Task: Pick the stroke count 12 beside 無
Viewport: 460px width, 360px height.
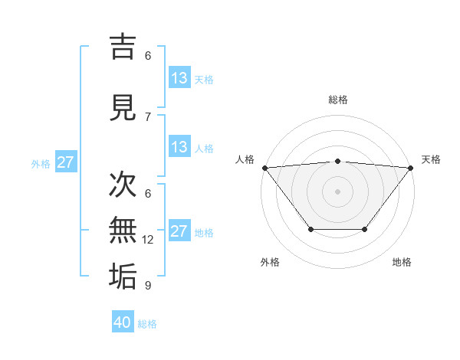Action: tap(148, 240)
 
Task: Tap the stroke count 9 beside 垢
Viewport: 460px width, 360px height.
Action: tap(148, 286)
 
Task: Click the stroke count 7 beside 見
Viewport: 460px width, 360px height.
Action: tap(148, 117)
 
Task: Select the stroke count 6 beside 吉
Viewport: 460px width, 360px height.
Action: tap(148, 56)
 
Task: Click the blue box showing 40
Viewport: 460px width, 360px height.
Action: tap(123, 322)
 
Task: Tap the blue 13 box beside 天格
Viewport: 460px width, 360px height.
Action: tap(179, 78)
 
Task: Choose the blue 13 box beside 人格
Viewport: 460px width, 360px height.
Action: tap(179, 147)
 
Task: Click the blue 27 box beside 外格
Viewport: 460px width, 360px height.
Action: tap(65, 162)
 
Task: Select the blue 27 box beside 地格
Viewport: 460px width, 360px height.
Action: tap(179, 231)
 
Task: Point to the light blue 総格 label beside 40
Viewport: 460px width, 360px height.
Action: tap(147, 324)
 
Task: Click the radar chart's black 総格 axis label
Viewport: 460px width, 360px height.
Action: tap(338, 100)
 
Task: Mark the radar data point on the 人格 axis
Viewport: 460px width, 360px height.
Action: tap(265, 168)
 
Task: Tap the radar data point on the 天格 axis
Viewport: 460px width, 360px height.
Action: tap(410, 168)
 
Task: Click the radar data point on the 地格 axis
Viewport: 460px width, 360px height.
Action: tap(365, 229)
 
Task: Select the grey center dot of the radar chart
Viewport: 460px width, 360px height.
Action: tap(338, 191)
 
